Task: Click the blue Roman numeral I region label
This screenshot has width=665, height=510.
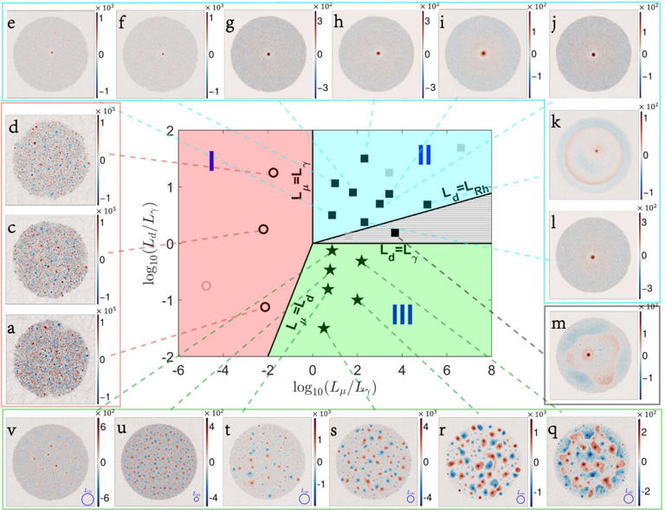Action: [211, 160]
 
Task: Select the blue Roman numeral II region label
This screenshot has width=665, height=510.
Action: [424, 154]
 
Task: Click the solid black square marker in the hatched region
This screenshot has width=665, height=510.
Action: [395, 232]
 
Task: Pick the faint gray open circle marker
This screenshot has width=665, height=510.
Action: [206, 285]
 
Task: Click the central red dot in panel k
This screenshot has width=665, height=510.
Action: [596, 150]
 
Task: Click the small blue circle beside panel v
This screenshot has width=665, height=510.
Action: [87, 499]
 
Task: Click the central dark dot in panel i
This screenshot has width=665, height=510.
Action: [482, 54]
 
